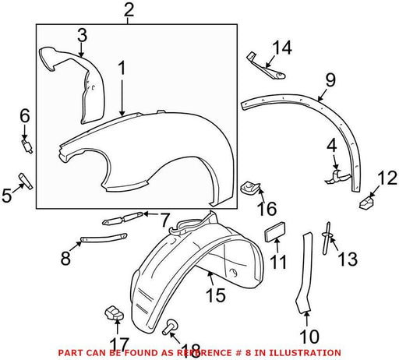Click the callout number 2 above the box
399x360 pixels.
129,10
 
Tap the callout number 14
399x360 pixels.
282,48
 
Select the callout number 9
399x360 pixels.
330,79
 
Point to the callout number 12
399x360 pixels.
387,178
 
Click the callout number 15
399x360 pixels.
215,295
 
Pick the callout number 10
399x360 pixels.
309,337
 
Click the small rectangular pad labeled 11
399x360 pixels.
275,231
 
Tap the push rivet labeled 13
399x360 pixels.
327,238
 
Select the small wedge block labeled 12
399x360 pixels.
367,203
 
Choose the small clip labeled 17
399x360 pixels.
114,312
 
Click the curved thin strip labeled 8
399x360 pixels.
104,238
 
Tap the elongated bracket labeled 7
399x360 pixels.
122,218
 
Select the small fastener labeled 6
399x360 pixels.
26,146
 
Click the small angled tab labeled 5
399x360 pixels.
26,181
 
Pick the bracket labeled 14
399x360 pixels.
266,66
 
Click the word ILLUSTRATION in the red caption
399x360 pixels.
305,353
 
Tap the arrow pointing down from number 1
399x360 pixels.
122,97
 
